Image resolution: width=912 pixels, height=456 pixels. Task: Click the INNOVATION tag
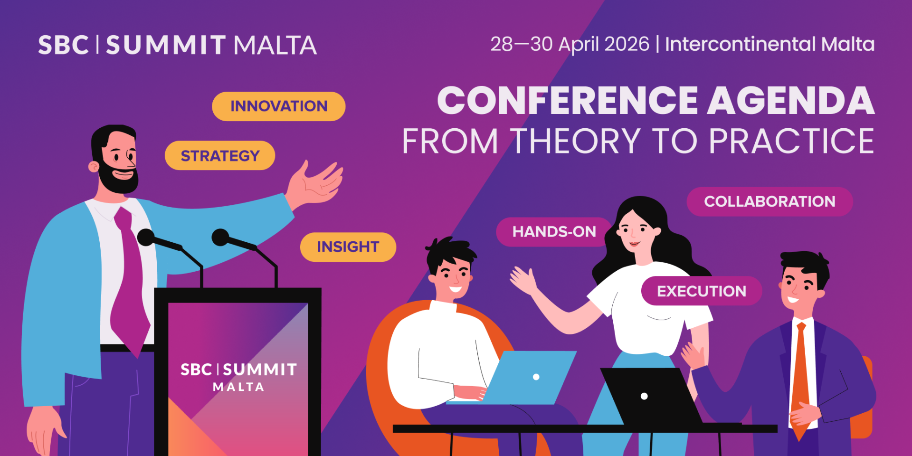(278, 106)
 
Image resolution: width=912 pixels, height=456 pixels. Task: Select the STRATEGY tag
(220, 155)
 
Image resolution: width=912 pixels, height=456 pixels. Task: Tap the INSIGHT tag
(348, 247)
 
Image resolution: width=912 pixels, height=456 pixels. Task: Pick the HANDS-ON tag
(554, 231)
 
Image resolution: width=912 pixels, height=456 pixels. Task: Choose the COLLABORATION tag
(769, 201)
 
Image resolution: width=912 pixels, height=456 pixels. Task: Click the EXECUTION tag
(701, 291)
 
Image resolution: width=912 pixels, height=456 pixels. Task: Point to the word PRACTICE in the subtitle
(791, 141)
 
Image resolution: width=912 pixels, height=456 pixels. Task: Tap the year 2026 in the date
(627, 44)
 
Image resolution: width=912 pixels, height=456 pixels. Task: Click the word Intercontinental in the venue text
(740, 44)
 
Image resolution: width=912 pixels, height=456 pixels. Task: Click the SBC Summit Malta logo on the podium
(238, 377)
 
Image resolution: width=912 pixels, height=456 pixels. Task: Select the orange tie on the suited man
(800, 375)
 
